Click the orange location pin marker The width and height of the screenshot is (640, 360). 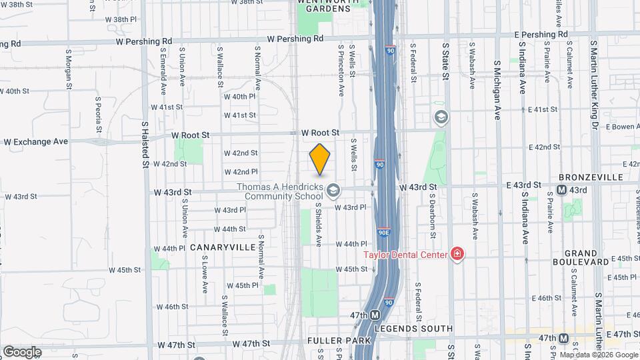tap(320, 159)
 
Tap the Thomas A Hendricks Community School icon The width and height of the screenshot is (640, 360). tap(332, 192)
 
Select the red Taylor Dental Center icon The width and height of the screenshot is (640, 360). tap(457, 254)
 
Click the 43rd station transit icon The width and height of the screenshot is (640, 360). tap(561, 190)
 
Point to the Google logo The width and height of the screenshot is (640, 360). tap(22, 351)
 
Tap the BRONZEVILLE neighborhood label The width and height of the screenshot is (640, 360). tap(590, 177)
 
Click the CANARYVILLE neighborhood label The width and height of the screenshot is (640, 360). tap(222, 247)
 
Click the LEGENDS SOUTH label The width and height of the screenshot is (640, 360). tap(413, 329)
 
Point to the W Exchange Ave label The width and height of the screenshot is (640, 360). tap(36, 142)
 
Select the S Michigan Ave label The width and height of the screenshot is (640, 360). tap(497, 90)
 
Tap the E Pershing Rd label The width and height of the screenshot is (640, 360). tap(541, 34)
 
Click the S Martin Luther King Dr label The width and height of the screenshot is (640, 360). tap(593, 83)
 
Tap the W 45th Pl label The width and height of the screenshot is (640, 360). tap(241, 285)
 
